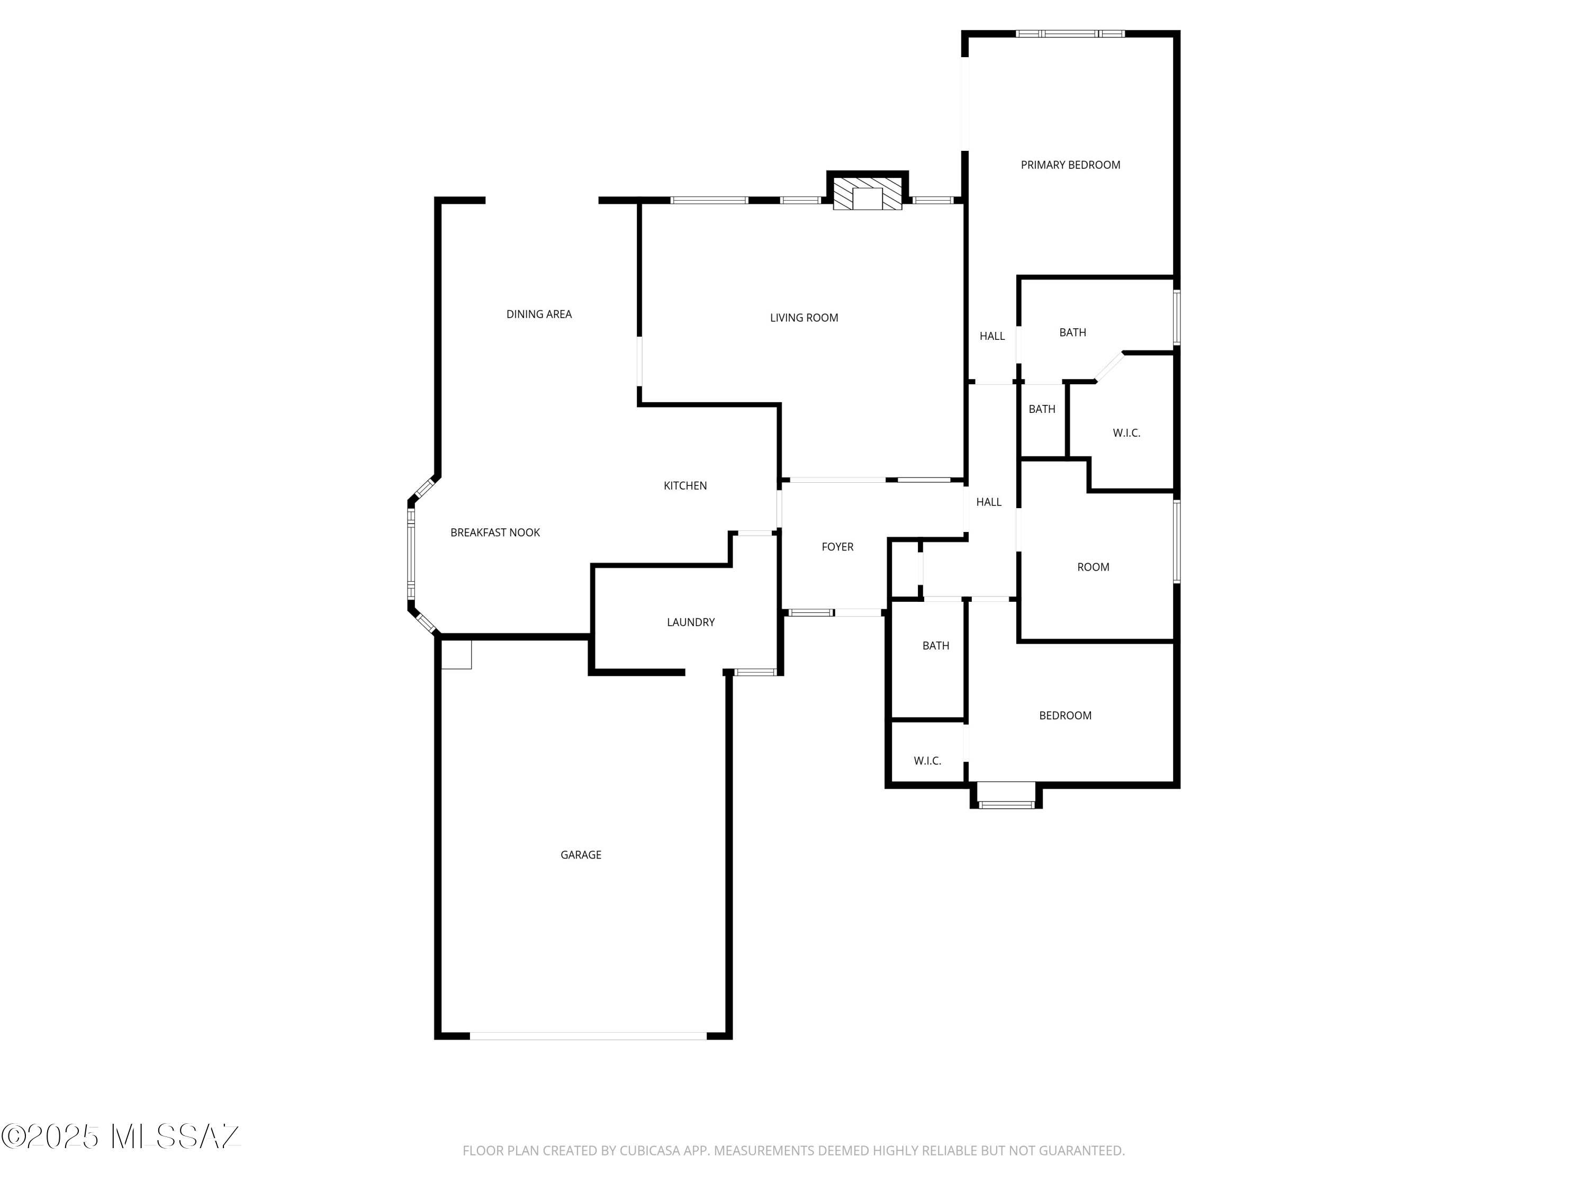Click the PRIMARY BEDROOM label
pyautogui.click(x=1070, y=165)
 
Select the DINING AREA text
pyautogui.click(x=539, y=314)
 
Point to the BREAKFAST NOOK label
pyautogui.click(x=495, y=533)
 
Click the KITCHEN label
pyautogui.click(x=685, y=486)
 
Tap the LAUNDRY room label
pyautogui.click(x=691, y=622)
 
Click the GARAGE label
pyautogui.click(x=581, y=855)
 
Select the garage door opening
pyautogui.click(x=588, y=1036)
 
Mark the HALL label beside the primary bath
pyautogui.click(x=992, y=336)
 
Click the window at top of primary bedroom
pyautogui.click(x=1070, y=34)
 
